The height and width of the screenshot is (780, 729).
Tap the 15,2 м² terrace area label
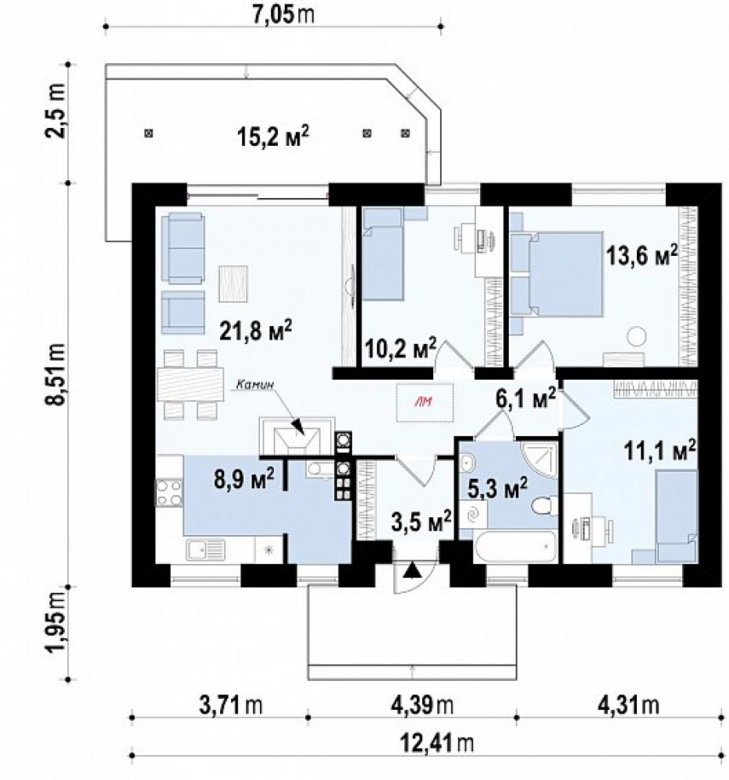point(272,136)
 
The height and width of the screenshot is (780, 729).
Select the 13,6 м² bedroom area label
point(642,256)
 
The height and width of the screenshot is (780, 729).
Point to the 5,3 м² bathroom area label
point(498,488)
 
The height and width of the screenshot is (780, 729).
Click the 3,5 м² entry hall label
point(421,522)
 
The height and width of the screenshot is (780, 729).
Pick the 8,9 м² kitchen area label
point(244,480)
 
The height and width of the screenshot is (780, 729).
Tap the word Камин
point(255,384)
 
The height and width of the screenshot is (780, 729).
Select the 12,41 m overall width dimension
point(437,745)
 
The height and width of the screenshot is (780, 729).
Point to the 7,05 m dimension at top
point(283,16)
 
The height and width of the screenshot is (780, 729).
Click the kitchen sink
point(206,550)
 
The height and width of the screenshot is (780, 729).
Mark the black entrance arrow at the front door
point(411,570)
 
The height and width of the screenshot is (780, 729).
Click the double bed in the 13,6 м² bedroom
point(565,274)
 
